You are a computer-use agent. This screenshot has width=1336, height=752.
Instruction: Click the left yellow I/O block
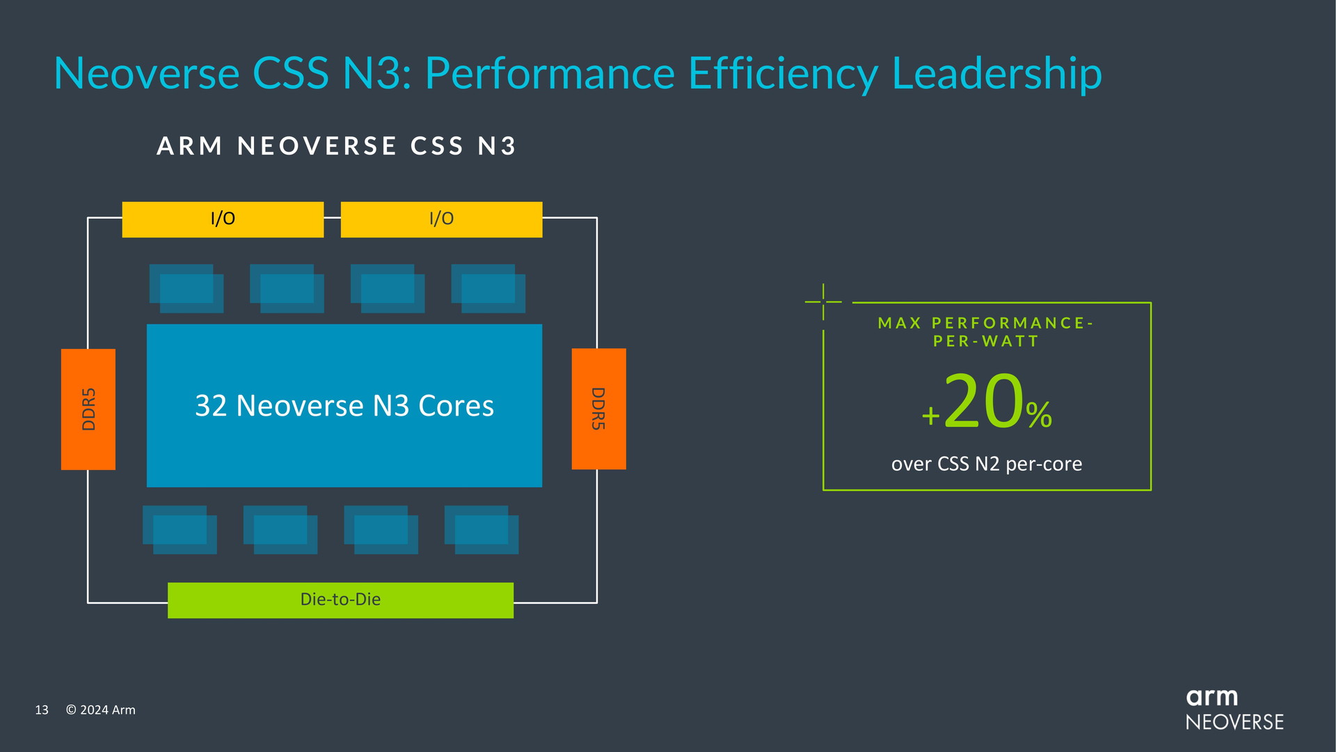click(223, 219)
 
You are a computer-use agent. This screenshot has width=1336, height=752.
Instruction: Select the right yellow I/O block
click(441, 219)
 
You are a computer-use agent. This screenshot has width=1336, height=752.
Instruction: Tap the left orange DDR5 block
click(88, 409)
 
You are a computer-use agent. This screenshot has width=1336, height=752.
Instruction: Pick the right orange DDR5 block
click(598, 409)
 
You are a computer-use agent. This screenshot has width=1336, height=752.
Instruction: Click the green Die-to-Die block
click(340, 600)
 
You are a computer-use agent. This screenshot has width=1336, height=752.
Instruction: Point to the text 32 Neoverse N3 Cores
click(344, 405)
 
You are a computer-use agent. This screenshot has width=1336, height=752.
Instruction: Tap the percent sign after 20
click(1038, 415)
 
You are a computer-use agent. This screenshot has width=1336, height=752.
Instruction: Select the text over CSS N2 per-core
click(987, 464)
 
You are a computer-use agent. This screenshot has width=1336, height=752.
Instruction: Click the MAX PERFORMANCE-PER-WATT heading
click(986, 332)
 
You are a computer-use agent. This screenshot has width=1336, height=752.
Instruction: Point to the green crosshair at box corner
click(823, 301)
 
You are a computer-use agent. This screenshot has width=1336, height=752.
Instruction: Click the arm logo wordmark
click(1211, 697)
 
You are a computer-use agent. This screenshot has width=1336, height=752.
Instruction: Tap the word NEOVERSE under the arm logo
click(1234, 722)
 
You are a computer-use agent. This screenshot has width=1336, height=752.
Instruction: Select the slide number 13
click(42, 710)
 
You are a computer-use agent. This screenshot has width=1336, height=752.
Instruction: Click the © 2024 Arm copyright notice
click(101, 710)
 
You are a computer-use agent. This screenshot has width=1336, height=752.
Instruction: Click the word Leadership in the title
click(996, 73)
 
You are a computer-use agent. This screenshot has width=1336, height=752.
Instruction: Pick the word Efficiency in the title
click(783, 73)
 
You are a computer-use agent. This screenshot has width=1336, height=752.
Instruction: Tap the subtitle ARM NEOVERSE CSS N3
click(337, 146)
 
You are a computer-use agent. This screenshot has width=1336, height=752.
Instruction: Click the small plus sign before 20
click(930, 416)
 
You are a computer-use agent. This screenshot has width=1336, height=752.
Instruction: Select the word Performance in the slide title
click(550, 73)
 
